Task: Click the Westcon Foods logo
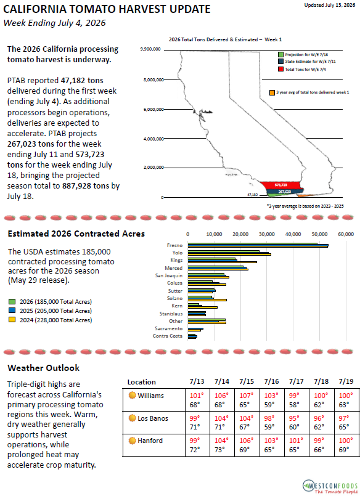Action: pyautogui.click(x=330, y=487)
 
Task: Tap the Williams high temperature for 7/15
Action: pyautogui.click(x=247, y=396)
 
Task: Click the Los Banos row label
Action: pyautogui.click(x=153, y=418)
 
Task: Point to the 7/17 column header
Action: pyautogui.click(x=297, y=381)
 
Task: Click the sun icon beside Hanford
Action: pyautogui.click(x=133, y=441)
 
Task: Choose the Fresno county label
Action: pyautogui.click(x=174, y=245)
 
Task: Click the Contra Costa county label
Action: pyautogui.click(x=168, y=336)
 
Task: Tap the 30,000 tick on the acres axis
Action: pyautogui.click(x=267, y=234)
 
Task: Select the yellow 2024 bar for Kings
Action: pyautogui.click(x=222, y=262)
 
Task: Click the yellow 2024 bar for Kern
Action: pyautogui.click(x=202, y=307)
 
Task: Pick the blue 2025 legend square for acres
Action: pyautogui.click(x=12, y=311)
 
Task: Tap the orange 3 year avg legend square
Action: pyautogui.click(x=272, y=92)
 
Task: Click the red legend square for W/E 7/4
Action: pyautogui.click(x=280, y=69)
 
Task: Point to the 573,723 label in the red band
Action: pyautogui.click(x=281, y=185)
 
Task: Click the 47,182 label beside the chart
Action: pyautogui.click(x=253, y=195)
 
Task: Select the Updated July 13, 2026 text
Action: pyautogui.click(x=330, y=5)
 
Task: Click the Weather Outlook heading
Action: pyautogui.click(x=44, y=368)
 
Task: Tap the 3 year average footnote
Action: pyautogui.click(x=305, y=206)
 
